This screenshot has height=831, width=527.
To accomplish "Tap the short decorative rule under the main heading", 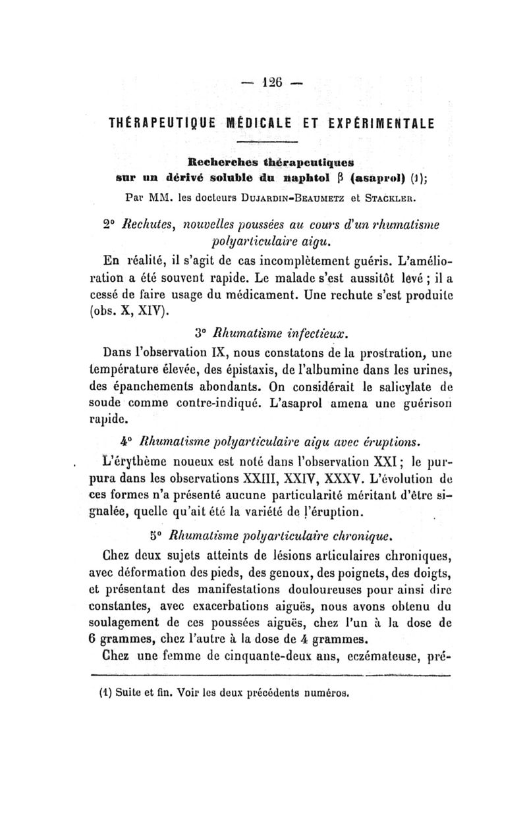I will click(x=267, y=143).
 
